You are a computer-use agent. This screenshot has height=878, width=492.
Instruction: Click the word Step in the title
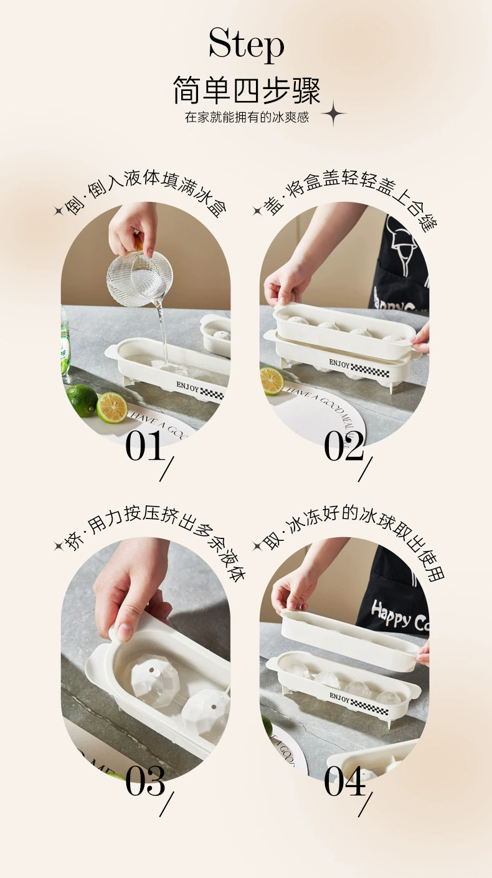[x=246, y=45]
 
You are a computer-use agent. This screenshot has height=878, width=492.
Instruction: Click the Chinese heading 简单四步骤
[x=246, y=91]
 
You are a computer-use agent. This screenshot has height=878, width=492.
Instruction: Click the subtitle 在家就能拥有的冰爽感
[x=247, y=117]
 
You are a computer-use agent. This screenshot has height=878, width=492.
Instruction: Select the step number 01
[x=144, y=446]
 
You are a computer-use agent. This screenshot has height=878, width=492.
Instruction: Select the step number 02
[x=344, y=446]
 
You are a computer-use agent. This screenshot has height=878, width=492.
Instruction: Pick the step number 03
[x=144, y=781]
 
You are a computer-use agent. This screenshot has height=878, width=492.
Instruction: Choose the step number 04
[x=344, y=781]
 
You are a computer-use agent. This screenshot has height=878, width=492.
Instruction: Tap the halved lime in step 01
[x=112, y=407]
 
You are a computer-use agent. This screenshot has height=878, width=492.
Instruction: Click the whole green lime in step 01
[x=82, y=400]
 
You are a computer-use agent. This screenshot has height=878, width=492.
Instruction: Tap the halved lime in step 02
[x=272, y=380]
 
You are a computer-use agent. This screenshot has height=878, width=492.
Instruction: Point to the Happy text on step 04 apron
[x=392, y=614]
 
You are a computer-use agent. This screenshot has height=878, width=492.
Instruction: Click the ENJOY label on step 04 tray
[x=339, y=696]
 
